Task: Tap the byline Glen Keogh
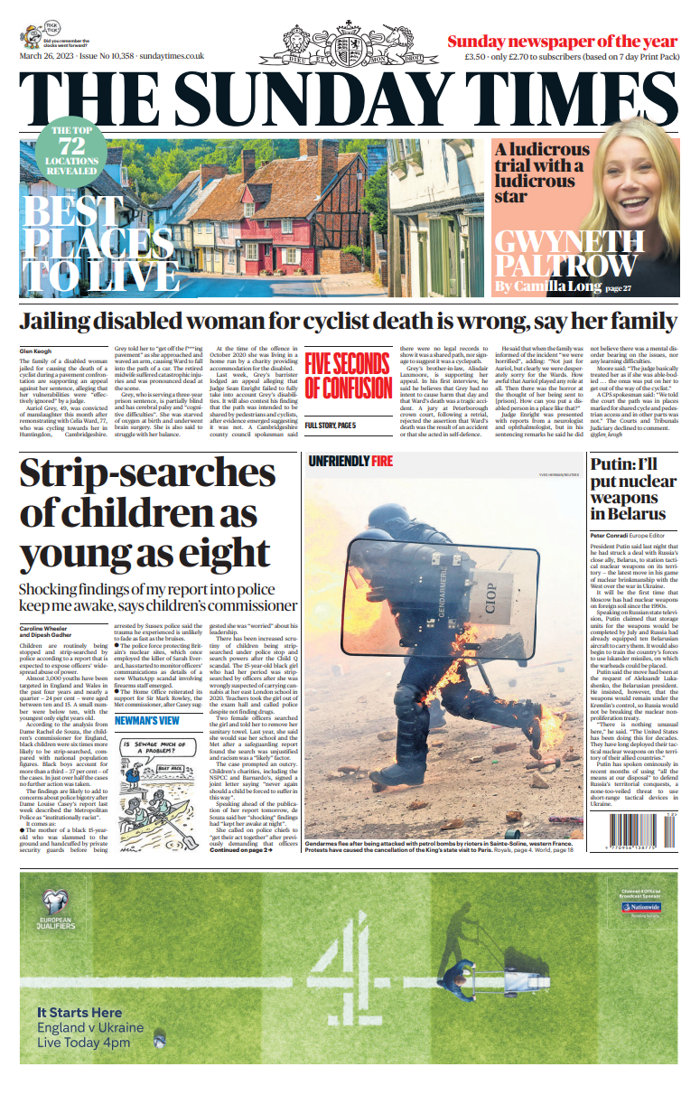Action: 37,351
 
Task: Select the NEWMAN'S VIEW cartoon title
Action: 146,720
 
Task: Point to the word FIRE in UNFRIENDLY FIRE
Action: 382,461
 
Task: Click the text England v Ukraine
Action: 90,1027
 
